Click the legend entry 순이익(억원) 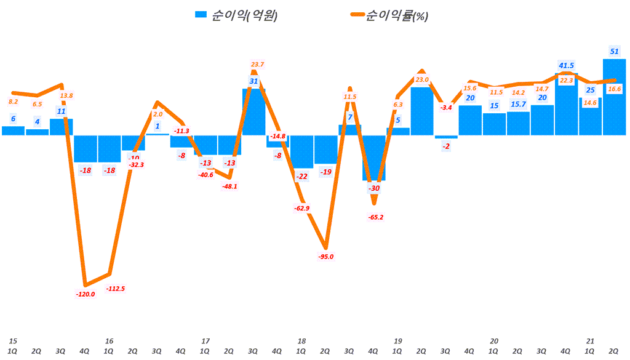click(236, 16)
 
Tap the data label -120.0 click(85, 295)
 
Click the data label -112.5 click(115, 289)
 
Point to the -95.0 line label click(325, 257)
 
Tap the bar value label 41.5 click(567, 65)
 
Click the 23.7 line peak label click(258, 64)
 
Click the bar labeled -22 click(301, 151)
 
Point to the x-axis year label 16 click(109, 341)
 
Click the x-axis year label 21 click(590, 341)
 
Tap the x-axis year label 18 click(301, 341)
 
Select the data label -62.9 click(302, 209)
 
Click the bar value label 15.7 click(519, 104)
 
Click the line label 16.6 click(613, 89)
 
